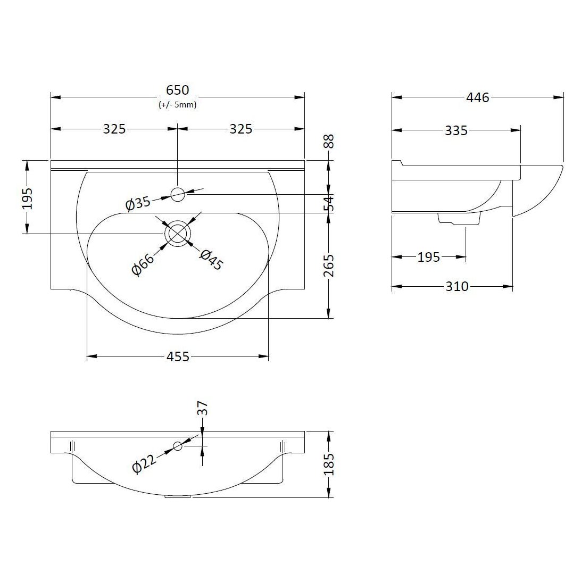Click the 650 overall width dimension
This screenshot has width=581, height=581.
pos(178,91)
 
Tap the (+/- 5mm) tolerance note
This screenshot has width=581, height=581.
pos(178,105)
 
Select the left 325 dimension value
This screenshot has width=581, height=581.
pos(114,129)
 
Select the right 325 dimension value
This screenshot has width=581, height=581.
pos(241,129)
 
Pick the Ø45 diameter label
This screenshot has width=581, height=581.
pos(211,260)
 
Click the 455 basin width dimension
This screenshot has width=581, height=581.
pos(178,356)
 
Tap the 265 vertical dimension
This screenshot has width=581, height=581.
pos(329,266)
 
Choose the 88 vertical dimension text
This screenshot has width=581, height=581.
pos(329,142)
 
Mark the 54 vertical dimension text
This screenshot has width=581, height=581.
pos(329,203)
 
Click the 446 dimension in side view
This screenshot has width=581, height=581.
pos(477,97)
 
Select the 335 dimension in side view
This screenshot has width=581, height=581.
pos(456,130)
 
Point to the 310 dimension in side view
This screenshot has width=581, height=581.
pos(456,287)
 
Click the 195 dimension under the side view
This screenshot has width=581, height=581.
pos(429,258)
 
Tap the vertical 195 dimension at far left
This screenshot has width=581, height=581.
pos(28,198)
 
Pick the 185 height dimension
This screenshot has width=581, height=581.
pos(329,464)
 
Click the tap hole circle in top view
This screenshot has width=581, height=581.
pos(178,194)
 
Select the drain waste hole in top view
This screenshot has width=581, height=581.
pos(178,234)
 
